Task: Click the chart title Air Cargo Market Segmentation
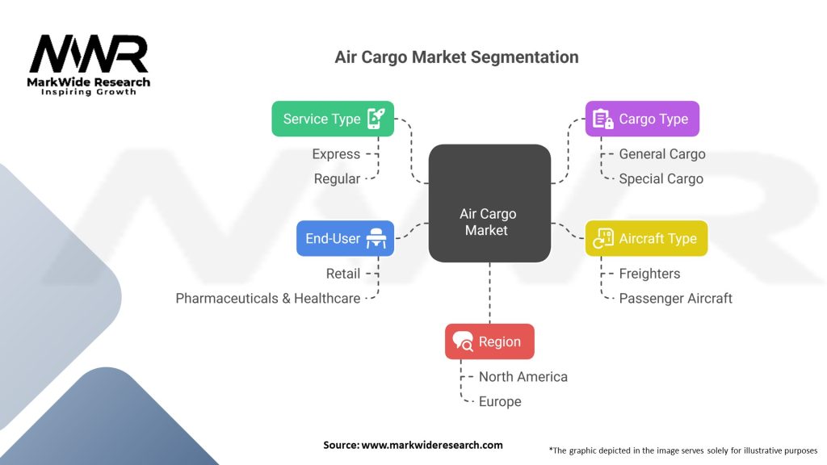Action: (x=456, y=57)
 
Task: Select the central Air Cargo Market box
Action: (x=489, y=203)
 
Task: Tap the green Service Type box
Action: (x=332, y=119)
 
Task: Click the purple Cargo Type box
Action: (x=641, y=119)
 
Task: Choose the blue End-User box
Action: (x=345, y=238)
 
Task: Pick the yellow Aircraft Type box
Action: (x=645, y=238)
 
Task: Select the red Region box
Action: (x=489, y=341)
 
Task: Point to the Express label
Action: (x=336, y=154)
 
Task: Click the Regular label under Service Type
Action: (x=337, y=178)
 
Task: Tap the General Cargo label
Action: (x=661, y=154)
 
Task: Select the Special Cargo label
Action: (x=661, y=178)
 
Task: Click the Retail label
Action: (x=342, y=274)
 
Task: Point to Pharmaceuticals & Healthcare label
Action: (x=268, y=298)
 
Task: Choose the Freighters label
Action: (x=649, y=274)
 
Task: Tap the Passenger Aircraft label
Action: (x=675, y=298)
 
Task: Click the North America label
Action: (x=523, y=377)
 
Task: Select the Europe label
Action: (x=500, y=401)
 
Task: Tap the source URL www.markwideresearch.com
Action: (x=431, y=445)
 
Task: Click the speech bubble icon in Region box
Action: (x=464, y=341)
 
